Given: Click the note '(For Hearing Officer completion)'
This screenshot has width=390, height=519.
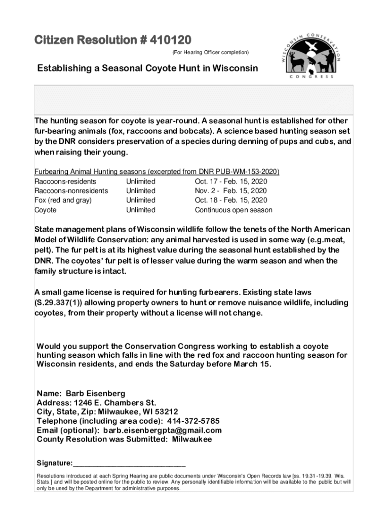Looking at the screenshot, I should pyautogui.click(x=210, y=52).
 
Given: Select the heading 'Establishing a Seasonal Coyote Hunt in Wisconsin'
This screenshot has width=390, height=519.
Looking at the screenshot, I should pyautogui.click(x=146, y=68).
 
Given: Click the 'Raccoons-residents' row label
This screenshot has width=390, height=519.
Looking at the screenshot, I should pyautogui.click(x=65, y=181).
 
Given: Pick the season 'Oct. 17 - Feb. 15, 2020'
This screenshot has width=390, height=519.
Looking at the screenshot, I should pyautogui.click(x=230, y=181).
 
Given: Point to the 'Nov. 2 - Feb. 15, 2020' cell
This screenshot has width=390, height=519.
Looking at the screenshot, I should pyautogui.click(x=230, y=191).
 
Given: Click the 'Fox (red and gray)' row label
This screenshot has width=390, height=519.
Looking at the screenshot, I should pyautogui.click(x=63, y=200).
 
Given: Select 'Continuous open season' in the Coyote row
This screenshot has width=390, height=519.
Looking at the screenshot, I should pyautogui.click(x=233, y=210).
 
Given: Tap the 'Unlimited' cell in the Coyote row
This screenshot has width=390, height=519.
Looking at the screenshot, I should pyautogui.click(x=141, y=210).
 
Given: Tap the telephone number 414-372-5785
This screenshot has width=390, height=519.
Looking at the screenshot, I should pyautogui.click(x=193, y=421).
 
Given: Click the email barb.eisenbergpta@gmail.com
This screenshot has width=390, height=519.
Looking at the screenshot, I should pyautogui.click(x=162, y=430).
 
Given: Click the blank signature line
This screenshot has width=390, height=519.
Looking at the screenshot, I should pyautogui.click(x=130, y=463).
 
